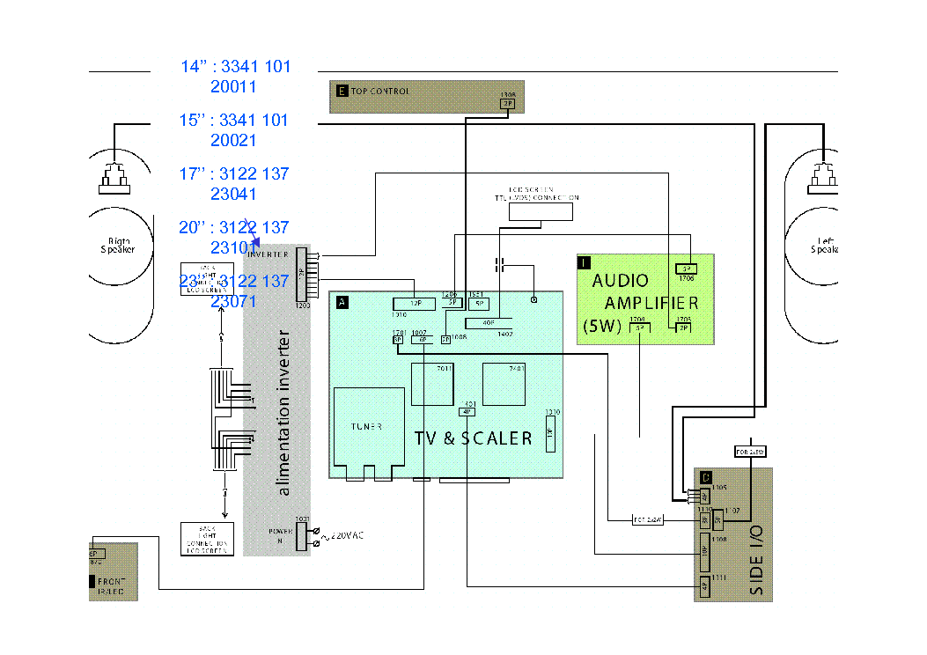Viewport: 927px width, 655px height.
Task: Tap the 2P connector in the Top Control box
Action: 507,103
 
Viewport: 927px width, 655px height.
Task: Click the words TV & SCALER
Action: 473,438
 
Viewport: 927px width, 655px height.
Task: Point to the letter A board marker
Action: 342,302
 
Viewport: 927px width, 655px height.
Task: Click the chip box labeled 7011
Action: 431,384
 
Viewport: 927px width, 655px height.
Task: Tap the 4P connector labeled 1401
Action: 467,410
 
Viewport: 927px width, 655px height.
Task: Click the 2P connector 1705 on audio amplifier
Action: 683,327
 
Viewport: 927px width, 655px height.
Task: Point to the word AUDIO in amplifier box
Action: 620,281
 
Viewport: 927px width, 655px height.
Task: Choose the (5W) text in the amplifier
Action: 602,327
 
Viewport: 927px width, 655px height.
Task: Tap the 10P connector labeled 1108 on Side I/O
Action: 704,549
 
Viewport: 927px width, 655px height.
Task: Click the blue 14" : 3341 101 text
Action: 235,67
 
